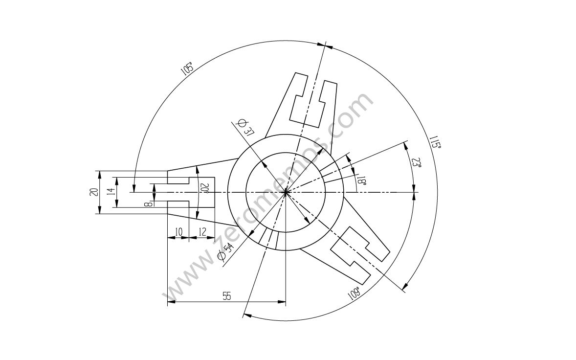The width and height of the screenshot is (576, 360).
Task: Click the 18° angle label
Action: pos(360,180)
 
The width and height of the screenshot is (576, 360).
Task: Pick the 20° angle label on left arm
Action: pos(204,189)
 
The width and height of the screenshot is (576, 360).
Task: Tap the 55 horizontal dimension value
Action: pos(226,296)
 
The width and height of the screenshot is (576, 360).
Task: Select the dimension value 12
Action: pos(202,231)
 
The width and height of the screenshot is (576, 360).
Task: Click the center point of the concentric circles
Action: pos(286,192)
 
